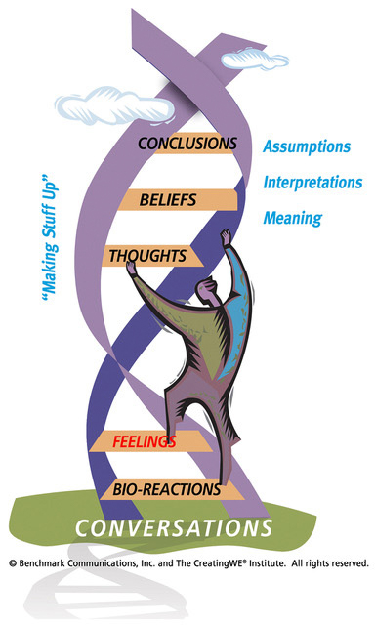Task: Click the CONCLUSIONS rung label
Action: (187, 144)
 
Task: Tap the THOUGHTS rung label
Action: (148, 256)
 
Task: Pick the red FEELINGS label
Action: (144, 441)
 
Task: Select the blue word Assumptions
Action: (307, 146)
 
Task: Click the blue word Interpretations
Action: (312, 183)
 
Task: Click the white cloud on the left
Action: (99, 98)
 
